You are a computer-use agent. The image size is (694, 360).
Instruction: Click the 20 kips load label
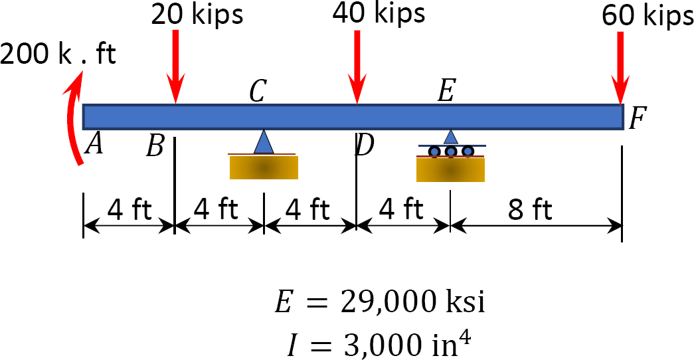point(197,14)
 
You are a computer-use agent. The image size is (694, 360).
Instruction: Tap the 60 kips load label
point(648,15)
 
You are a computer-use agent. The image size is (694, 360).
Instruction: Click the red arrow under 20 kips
point(176,67)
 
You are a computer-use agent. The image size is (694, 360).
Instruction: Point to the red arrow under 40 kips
point(357,67)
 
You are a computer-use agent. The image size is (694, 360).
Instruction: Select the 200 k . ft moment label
point(58,54)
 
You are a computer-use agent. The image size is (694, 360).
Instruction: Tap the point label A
point(94,144)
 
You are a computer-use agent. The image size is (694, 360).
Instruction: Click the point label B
point(155,147)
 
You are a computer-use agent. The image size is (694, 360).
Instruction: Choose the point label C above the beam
point(258,92)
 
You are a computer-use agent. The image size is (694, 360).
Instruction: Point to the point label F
point(638,118)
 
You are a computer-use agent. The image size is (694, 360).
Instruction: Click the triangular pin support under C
point(264,141)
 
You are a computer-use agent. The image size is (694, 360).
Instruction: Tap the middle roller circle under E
point(450,151)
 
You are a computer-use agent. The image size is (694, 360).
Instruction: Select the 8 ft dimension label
point(530,209)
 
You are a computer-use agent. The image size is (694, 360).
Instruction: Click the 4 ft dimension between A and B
point(130,209)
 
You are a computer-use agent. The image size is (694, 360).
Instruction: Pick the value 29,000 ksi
point(412,302)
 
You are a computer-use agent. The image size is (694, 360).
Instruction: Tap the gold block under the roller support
point(450,169)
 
